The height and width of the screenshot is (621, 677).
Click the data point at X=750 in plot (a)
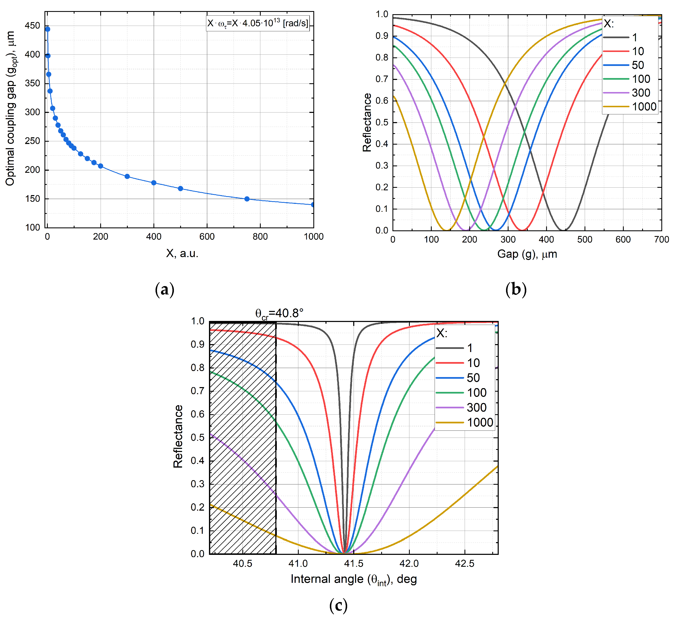point(247,199)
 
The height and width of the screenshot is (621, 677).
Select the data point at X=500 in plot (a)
point(181,188)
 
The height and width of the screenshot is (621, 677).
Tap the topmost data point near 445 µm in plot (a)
point(48,29)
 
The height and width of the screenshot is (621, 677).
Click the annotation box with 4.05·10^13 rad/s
point(257,23)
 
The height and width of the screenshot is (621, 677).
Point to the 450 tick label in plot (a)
point(32,26)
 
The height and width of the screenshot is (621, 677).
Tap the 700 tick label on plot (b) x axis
point(661,240)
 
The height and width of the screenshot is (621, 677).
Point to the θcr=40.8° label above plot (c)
point(279,313)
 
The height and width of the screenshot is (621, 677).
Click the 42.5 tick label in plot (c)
point(464,564)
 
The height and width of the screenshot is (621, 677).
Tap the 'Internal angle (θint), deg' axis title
point(354,579)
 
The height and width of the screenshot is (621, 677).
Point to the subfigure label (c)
point(338,606)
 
